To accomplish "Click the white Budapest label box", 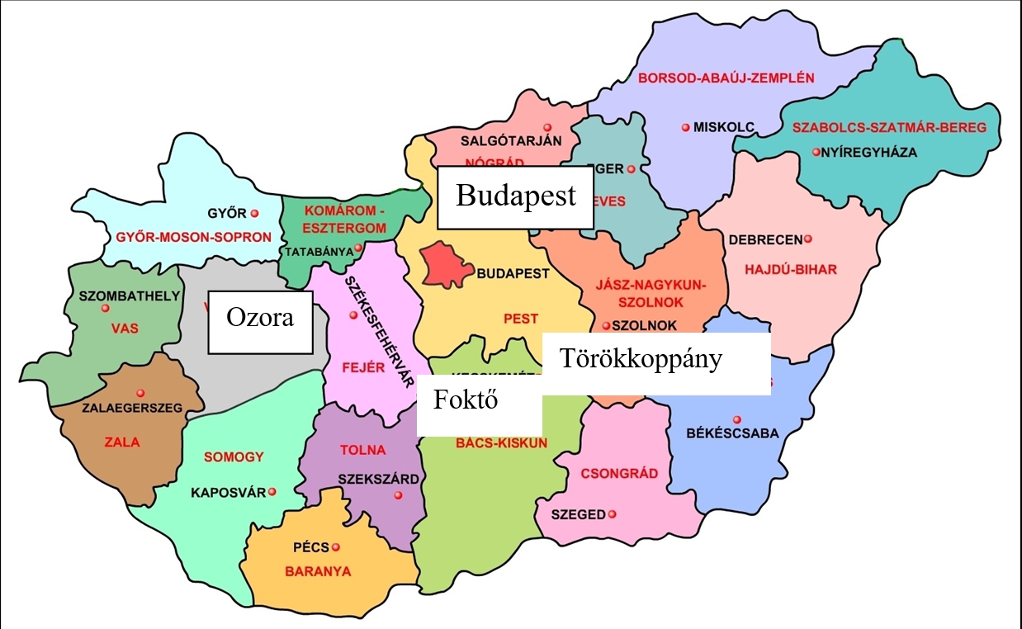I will pos(515,196).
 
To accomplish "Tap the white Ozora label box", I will pos(260,321).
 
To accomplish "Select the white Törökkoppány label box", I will pos(656,363).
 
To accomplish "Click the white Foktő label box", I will pos(479,404).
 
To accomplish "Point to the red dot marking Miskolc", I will pos(685,127).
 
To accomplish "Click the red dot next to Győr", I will pos(254,213).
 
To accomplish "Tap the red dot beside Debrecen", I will pos(807,239).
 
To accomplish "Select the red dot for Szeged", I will pos(613,514).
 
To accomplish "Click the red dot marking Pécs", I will pos(335,546).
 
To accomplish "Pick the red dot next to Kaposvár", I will pos(272,492).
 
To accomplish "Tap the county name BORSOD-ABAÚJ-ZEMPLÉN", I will pos(726,78).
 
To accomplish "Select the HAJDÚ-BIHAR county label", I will pos(790,269).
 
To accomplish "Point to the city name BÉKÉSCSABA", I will pos(732,433).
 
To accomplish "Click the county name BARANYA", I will pos(318,571).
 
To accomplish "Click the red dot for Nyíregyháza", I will pos(816,152).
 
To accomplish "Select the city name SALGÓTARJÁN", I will pos(511,140).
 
